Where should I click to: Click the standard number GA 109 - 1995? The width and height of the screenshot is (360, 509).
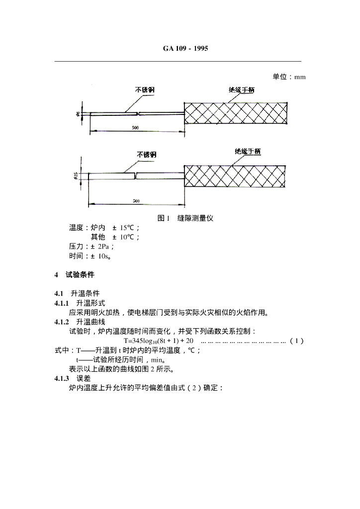click(185, 48)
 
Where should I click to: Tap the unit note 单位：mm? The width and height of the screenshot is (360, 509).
click(289, 77)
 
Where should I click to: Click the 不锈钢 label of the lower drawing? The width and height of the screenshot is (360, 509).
click(147, 155)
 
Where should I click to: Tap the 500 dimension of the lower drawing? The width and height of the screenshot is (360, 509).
click(136, 201)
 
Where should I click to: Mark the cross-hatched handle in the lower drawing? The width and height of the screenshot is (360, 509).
click(236, 175)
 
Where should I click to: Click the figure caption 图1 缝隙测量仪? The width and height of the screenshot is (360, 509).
click(185, 218)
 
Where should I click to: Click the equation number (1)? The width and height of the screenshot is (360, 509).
click(296, 340)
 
